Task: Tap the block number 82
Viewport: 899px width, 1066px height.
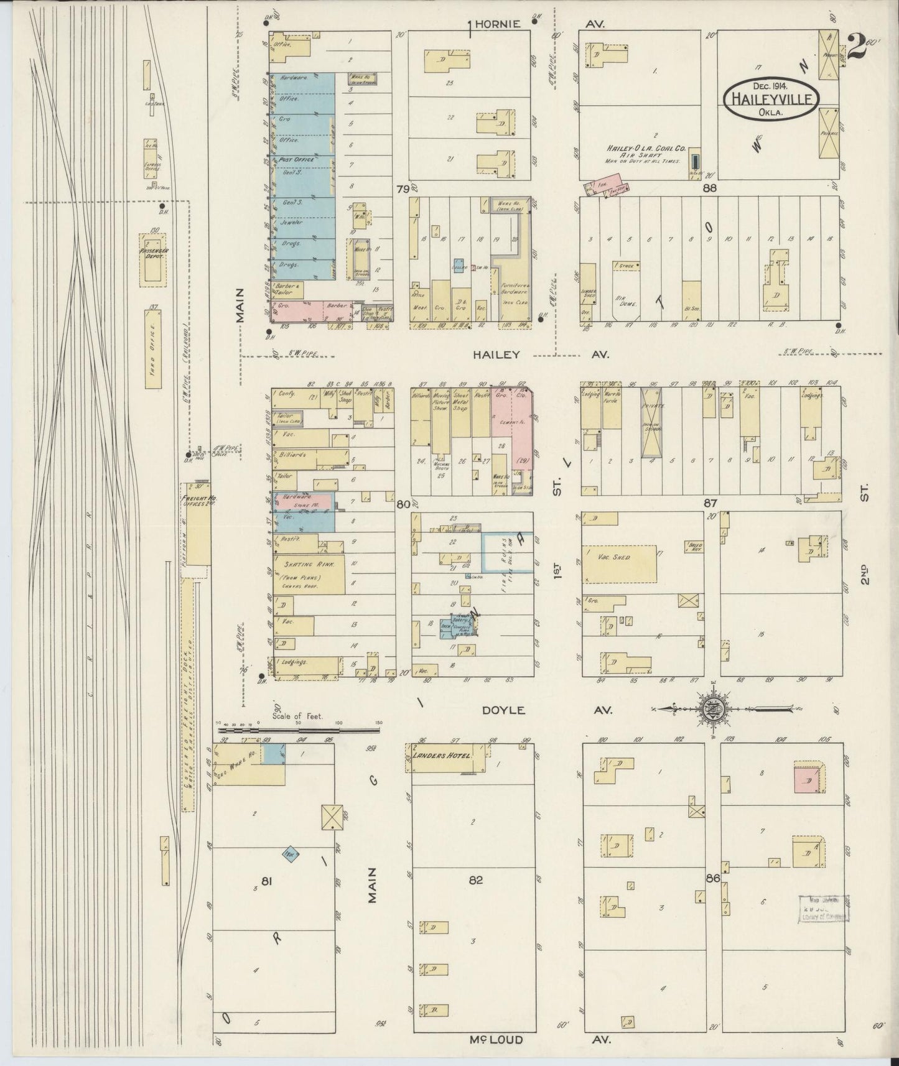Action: pyautogui.click(x=476, y=879)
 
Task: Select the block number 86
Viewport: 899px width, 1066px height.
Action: pyautogui.click(x=712, y=877)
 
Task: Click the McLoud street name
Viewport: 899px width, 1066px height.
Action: pyautogui.click(x=497, y=1039)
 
